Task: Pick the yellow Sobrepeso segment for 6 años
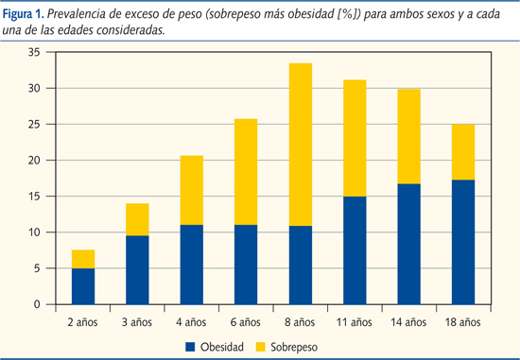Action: pyautogui.click(x=246, y=171)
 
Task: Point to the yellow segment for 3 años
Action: pyautogui.click(x=138, y=219)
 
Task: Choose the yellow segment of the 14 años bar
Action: pyautogui.click(x=409, y=136)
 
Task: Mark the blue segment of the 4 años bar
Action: pyautogui.click(x=192, y=265)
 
